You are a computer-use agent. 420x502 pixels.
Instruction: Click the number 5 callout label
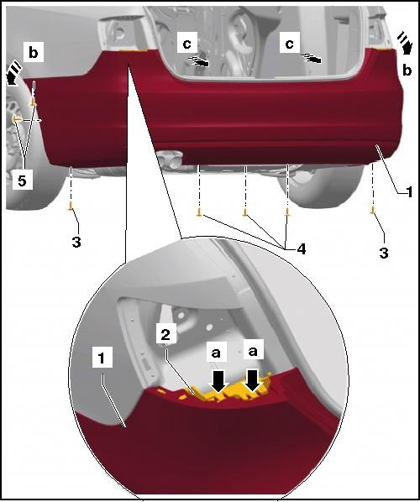[22, 180]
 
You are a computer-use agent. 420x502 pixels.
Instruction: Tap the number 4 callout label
[302, 248]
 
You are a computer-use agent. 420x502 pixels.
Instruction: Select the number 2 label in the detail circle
[165, 335]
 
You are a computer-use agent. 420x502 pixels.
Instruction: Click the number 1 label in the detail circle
[102, 358]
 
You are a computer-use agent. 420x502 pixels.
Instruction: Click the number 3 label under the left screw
[76, 243]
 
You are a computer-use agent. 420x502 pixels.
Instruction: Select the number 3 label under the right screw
[384, 253]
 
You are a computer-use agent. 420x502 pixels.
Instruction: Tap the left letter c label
[186, 44]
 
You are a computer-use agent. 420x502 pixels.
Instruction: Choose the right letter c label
[289, 44]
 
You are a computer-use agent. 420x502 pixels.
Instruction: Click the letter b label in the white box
[34, 53]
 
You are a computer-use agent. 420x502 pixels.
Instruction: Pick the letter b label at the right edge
[407, 71]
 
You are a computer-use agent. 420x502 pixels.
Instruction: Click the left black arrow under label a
[219, 381]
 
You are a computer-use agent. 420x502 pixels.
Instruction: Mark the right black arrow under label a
[253, 380]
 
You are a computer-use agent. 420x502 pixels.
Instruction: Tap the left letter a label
[216, 353]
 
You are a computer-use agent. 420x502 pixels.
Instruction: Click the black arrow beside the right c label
[312, 59]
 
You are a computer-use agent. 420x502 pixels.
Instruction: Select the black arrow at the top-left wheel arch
[13, 74]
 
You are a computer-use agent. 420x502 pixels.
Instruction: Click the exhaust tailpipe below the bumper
[170, 159]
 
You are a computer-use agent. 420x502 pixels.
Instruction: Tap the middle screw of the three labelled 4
[245, 212]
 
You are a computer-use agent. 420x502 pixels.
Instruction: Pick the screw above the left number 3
[71, 206]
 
